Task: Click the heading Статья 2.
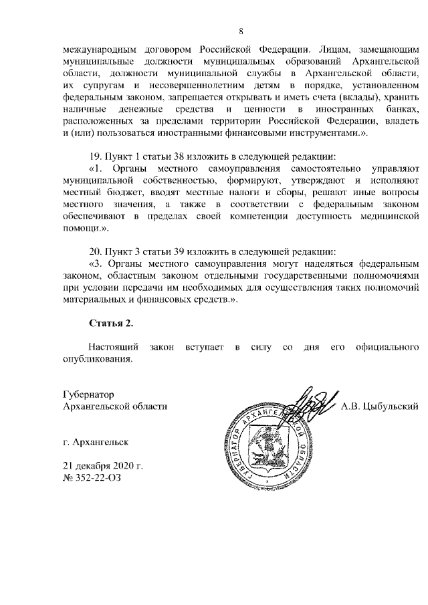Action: tap(111, 324)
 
